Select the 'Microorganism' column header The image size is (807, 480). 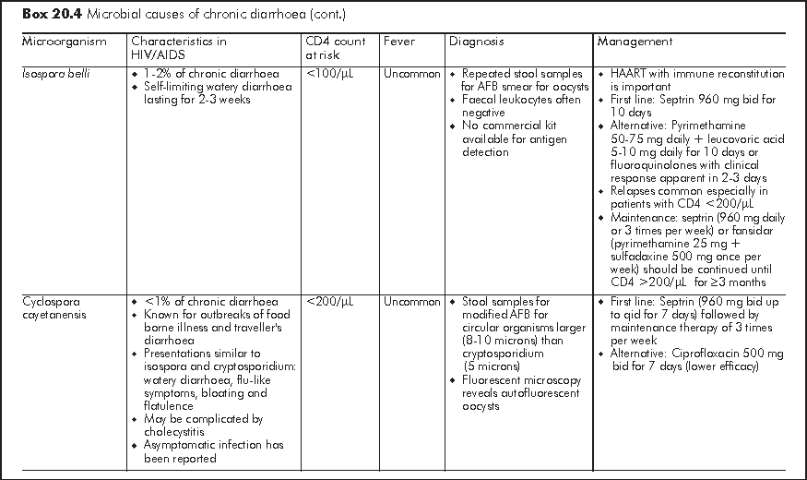[x=65, y=42]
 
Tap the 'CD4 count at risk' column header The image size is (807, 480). [x=336, y=48]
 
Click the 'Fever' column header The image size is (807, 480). [x=399, y=42]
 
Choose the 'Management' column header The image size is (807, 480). [x=635, y=42]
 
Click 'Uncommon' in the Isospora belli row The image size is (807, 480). [x=412, y=74]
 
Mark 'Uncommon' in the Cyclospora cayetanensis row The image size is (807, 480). [x=412, y=302]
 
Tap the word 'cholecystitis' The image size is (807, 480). [x=181, y=432]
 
